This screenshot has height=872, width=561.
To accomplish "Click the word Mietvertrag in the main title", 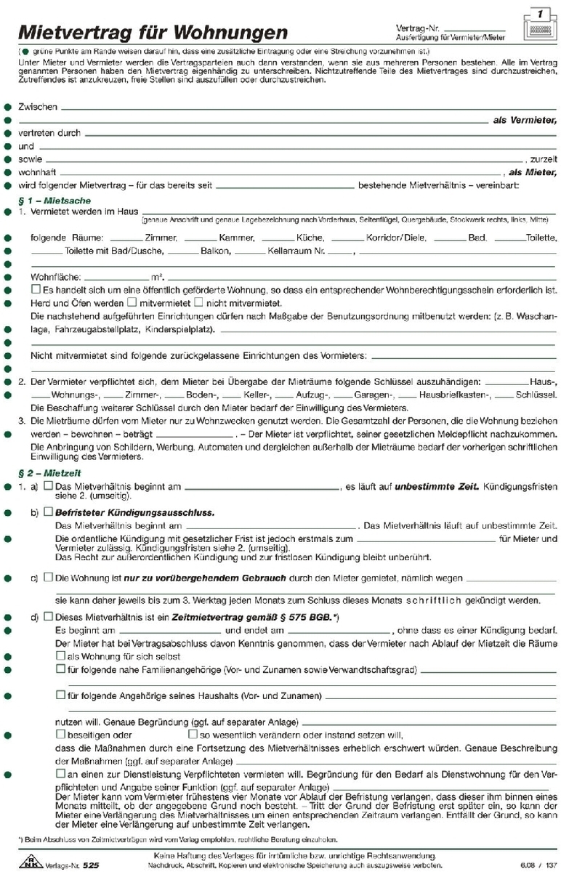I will click(x=70, y=32).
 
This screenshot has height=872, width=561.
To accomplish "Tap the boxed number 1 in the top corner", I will click(x=540, y=14).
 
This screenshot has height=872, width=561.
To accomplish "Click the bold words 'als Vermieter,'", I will click(x=525, y=120).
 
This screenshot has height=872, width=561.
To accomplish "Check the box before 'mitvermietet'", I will click(x=132, y=302).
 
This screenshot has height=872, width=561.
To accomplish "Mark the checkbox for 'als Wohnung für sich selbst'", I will click(x=61, y=655).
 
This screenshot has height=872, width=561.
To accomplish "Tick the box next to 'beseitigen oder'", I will click(x=61, y=734).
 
